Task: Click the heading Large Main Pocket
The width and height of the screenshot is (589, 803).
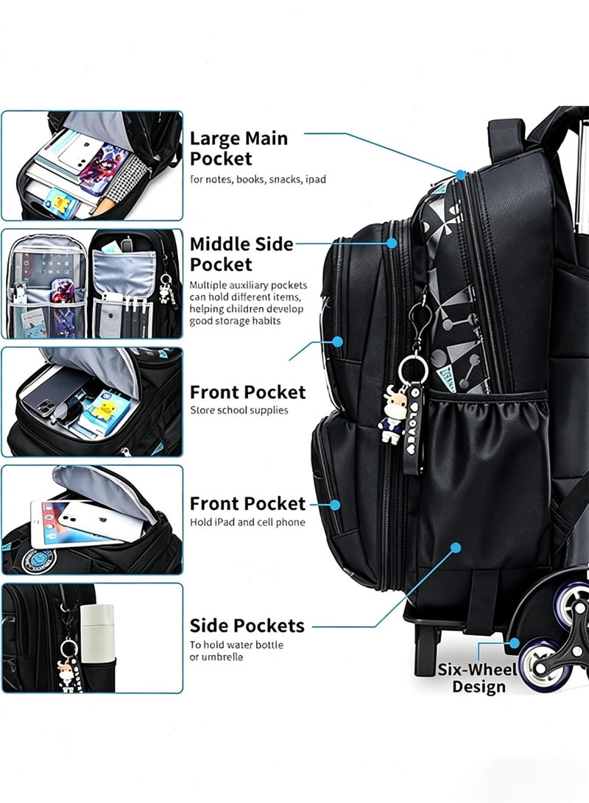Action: click(x=239, y=149)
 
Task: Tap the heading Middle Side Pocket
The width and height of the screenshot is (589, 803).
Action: click(x=241, y=254)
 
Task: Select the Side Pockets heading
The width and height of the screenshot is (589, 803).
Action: click(x=247, y=626)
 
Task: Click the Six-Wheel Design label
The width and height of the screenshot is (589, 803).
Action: click(x=478, y=678)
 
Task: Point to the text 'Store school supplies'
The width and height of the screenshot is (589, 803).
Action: click(x=239, y=410)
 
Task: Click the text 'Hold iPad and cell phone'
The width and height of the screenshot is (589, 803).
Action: click(x=247, y=523)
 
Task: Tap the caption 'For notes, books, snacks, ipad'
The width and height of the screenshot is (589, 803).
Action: click(x=258, y=180)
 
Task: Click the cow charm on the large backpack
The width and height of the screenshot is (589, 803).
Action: click(x=392, y=415)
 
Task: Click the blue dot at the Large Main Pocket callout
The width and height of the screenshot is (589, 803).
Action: click(x=461, y=175)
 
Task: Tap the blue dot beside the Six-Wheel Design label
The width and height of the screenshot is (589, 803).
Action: click(x=514, y=643)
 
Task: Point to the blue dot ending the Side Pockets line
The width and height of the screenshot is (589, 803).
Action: click(x=455, y=548)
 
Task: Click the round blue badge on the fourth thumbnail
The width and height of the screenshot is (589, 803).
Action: click(x=38, y=562)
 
